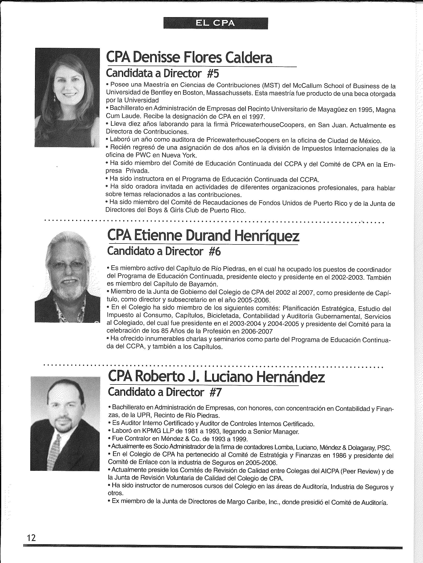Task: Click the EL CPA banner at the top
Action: click(x=215, y=23)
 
